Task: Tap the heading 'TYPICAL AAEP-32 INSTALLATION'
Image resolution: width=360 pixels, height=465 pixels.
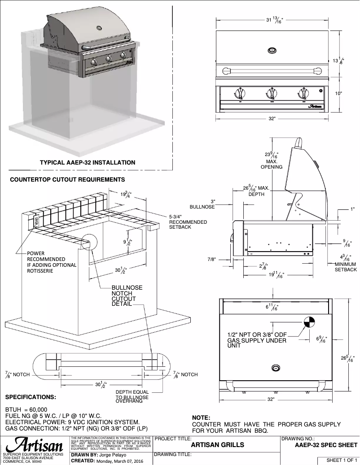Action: pyautogui.click(x=88, y=162)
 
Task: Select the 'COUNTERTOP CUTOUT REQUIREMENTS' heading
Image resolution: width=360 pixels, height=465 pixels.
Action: pyautogui.click(x=67, y=180)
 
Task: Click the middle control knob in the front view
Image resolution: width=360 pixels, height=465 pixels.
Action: pyautogui.click(x=271, y=94)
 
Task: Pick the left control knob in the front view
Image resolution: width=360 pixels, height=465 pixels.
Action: pyautogui.click(x=240, y=94)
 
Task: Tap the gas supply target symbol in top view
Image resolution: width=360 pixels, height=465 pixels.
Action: pyautogui.click(x=309, y=322)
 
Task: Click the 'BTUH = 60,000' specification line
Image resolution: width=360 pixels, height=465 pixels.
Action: pyautogui.click(x=26, y=410)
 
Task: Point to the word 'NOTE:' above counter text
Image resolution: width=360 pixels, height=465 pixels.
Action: pyautogui.click(x=201, y=417)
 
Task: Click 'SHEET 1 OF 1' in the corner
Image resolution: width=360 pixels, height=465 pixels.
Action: pyautogui.click(x=342, y=460)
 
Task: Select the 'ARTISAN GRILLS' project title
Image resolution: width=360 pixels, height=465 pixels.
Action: pyautogui.click(x=218, y=445)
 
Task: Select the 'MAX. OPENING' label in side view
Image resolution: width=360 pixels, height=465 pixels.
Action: pyautogui.click(x=272, y=164)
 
